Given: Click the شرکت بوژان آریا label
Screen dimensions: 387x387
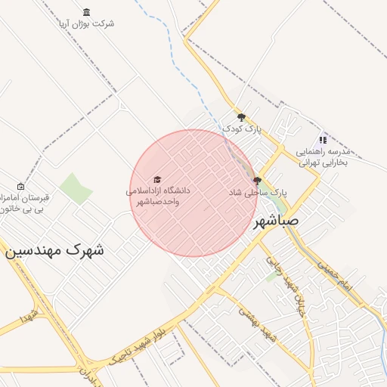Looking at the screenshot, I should click(x=88, y=23).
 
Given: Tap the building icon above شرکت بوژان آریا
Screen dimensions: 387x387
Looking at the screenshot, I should click(x=85, y=13).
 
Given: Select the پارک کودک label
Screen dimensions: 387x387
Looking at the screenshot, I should click(x=241, y=129).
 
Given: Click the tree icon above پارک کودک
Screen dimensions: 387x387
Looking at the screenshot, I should click(x=241, y=117).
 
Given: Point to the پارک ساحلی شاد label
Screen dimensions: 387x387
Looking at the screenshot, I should click(x=258, y=193).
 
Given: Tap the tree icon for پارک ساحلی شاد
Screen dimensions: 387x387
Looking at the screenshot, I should click(x=258, y=181).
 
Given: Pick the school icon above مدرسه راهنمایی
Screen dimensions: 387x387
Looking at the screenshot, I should click(x=323, y=140).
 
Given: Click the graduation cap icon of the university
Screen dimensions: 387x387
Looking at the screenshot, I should click(x=157, y=180).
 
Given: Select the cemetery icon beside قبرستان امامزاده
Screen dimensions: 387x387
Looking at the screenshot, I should click(x=20, y=187).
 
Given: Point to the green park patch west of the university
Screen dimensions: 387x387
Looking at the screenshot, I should click(x=75, y=189).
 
